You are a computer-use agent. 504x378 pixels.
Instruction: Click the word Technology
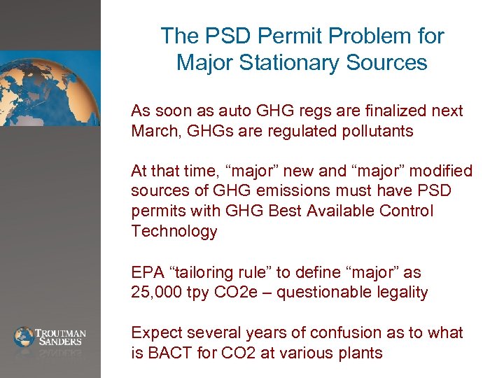pyautogui.click(x=174, y=231)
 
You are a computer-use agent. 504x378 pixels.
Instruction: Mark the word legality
pyautogui.click(x=401, y=292)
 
